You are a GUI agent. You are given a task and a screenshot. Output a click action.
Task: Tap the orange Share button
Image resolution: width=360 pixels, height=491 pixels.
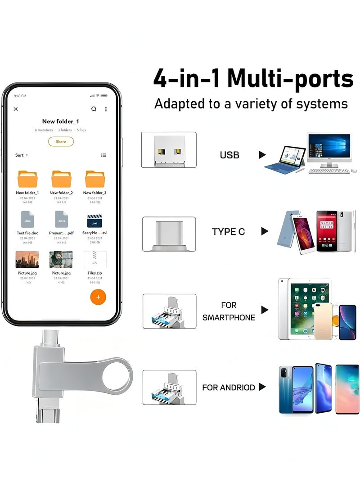(61, 141)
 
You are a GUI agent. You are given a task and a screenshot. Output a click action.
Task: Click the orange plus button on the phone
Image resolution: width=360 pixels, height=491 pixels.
(98, 297)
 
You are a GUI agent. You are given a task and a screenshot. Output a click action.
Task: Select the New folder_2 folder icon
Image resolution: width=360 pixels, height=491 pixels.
(61, 179)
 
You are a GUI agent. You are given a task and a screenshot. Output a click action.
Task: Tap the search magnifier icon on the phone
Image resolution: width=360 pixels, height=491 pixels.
(94, 109)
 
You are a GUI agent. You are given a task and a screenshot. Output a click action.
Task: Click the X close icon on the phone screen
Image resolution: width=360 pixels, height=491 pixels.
(16, 109)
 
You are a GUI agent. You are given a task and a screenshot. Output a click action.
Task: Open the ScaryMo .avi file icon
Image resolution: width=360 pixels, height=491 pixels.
(94, 221)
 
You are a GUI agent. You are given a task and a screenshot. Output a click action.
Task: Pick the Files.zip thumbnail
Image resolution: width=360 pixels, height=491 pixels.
(94, 260)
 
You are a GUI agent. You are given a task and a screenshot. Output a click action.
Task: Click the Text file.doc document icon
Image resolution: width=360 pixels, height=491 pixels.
(27, 220)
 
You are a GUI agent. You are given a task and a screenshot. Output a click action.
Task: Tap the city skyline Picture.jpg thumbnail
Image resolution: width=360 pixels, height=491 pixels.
(27, 260)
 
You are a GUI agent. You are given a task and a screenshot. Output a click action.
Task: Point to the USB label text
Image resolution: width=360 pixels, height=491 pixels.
(229, 155)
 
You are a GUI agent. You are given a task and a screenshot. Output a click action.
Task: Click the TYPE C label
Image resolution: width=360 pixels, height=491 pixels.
(229, 232)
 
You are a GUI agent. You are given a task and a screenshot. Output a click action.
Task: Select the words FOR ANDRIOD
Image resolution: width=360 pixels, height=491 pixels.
(229, 387)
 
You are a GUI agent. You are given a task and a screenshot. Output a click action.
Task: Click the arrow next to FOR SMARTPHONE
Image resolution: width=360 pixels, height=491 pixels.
(265, 310)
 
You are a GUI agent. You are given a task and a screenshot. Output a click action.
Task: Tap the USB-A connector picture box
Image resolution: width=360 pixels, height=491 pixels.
(169, 150)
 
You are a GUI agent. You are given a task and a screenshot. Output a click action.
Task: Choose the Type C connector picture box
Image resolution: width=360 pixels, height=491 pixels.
(169, 234)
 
